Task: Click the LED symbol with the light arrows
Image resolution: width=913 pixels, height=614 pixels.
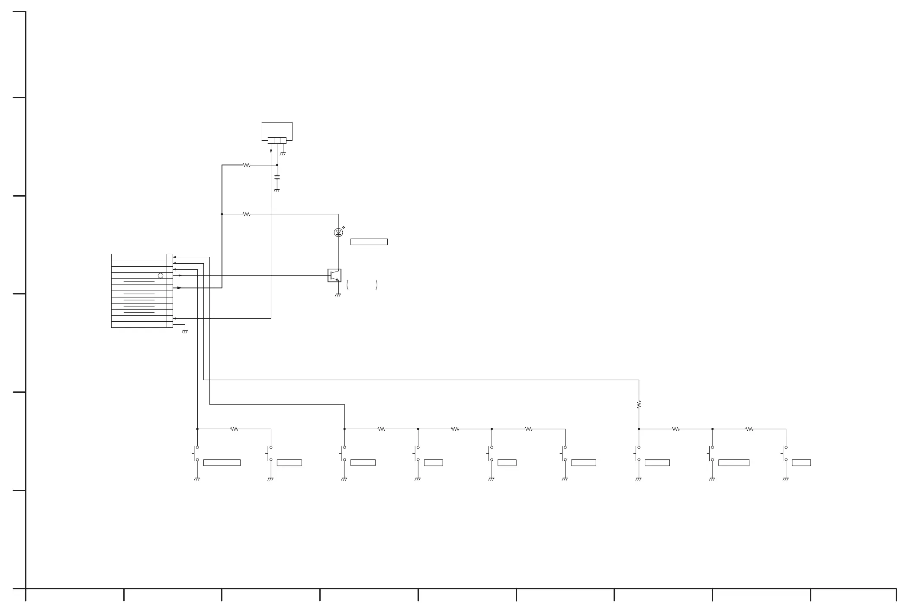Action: [338, 233]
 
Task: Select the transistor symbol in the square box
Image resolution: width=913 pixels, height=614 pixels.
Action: [334, 275]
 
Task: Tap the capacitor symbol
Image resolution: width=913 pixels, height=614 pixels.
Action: [277, 177]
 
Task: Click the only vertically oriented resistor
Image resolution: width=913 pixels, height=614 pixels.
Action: [639, 404]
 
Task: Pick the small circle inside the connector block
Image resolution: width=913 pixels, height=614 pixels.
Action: [161, 275]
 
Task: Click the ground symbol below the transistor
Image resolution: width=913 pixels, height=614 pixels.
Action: [338, 295]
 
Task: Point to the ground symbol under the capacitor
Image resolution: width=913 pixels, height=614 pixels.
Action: [277, 191]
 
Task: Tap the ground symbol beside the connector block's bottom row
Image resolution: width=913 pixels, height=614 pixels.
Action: [185, 332]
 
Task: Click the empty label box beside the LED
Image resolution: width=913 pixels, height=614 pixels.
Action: [369, 242]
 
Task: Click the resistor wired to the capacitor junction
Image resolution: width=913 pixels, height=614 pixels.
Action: [247, 165]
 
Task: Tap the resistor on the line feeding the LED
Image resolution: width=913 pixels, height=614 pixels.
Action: [247, 214]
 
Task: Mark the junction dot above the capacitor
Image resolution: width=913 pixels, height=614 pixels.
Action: [277, 165]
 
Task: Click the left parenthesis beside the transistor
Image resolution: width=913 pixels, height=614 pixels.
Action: [347, 285]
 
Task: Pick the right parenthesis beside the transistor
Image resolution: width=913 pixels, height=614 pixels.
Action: [377, 285]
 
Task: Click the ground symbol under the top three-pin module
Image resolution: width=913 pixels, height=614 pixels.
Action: [283, 154]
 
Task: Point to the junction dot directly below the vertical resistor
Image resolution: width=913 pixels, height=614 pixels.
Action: [639, 429]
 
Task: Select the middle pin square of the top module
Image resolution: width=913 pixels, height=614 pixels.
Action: [277, 140]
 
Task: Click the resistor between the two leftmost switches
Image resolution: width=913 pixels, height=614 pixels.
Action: [234, 429]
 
